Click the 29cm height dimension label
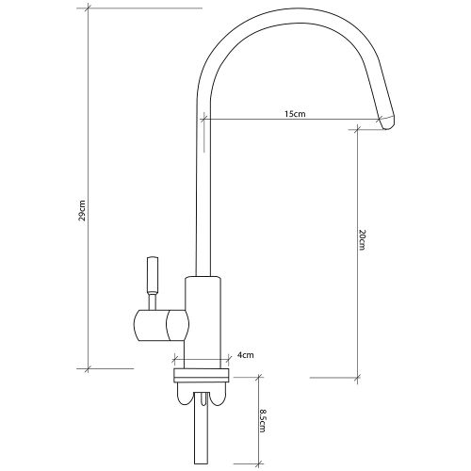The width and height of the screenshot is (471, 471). point(82,210)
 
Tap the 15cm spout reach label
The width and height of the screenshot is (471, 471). point(295,114)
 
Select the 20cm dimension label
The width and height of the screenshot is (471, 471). point(362,240)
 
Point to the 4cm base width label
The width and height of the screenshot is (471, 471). point(245,355)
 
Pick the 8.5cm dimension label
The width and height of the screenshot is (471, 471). point(262,420)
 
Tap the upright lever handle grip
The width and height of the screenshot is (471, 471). point(153,275)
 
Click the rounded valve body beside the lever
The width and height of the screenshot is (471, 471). point(162,325)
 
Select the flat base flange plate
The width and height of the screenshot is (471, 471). point(202,376)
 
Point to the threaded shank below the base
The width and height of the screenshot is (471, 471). point(202,428)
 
